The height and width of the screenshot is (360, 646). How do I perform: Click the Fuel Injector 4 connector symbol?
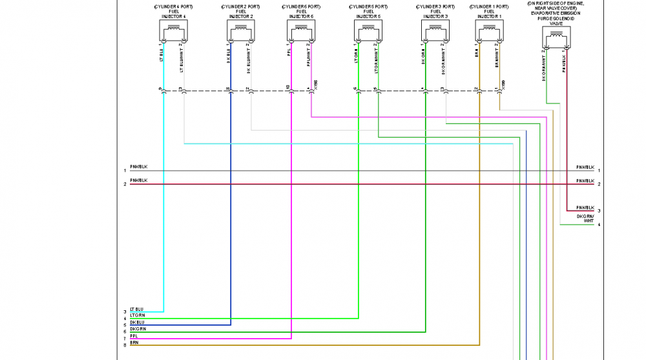click(x=173, y=30)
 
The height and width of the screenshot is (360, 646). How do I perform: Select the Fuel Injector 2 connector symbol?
click(x=241, y=30)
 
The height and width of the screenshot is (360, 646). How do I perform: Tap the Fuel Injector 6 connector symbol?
click(x=300, y=30)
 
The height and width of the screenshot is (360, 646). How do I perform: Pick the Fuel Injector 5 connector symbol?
click(x=368, y=30)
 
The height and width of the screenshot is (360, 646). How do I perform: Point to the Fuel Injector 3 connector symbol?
click(x=434, y=30)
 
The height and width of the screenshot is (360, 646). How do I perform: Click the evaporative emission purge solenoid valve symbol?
click(x=556, y=39)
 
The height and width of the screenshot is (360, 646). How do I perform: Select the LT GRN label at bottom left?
click(x=137, y=315)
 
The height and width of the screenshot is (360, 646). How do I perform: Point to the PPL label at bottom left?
click(x=134, y=336)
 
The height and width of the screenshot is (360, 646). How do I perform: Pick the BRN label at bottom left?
click(x=134, y=343)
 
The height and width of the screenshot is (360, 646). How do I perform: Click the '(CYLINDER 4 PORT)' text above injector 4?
click(x=173, y=6)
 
